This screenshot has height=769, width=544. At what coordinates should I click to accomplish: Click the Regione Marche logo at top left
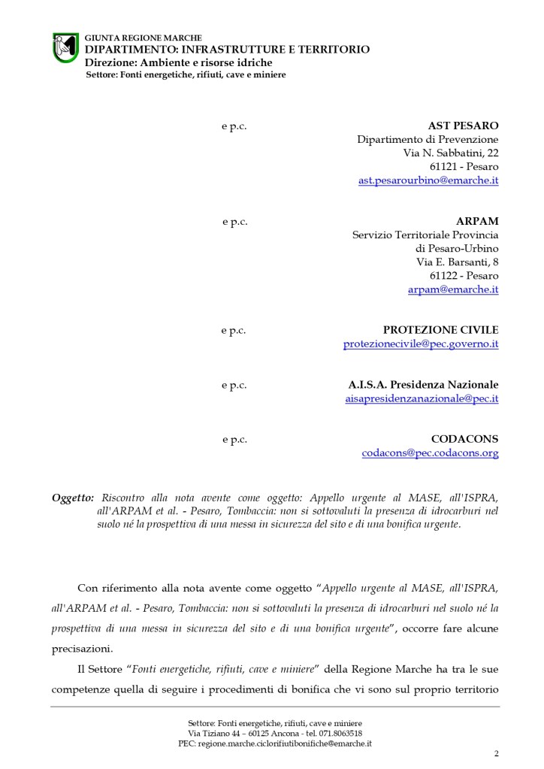coord(65,47)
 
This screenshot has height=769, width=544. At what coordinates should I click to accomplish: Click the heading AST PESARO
coord(463,126)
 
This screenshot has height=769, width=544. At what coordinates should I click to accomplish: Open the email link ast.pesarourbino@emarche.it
coord(428,180)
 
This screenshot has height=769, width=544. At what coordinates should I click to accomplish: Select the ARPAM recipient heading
coord(477,221)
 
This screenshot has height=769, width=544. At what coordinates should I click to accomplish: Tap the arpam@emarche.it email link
coord(453,289)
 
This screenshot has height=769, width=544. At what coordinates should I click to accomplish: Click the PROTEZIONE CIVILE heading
coord(440,330)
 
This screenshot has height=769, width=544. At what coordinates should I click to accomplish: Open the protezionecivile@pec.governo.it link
coord(421,344)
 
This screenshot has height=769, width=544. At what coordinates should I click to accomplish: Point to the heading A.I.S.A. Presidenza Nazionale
coord(418,385)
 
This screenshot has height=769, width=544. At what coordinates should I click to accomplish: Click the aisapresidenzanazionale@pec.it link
coord(421,398)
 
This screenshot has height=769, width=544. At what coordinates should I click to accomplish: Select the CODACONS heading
coord(464,439)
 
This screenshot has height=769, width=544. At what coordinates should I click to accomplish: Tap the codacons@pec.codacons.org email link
coord(430,453)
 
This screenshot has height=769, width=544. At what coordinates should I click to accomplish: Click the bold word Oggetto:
coord(73,498)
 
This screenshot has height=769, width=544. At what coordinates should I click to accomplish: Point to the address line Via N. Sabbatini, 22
coord(451,153)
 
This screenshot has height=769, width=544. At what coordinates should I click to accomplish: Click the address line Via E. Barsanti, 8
coord(457,262)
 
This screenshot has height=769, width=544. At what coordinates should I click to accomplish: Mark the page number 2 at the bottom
coord(496,753)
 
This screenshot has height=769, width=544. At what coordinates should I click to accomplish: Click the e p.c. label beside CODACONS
coord(234,439)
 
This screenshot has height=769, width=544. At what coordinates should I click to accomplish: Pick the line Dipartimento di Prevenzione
coord(428,139)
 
